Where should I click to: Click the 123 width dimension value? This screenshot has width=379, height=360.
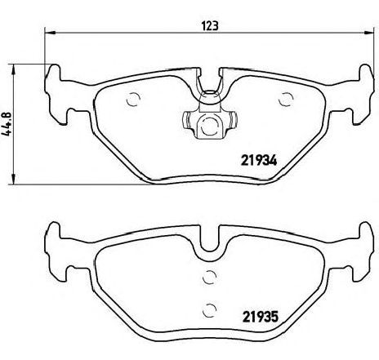tap(210, 26)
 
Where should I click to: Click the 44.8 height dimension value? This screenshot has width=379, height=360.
tap(7, 124)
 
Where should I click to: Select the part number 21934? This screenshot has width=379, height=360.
tap(259, 160)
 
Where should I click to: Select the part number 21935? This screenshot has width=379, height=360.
tap(261, 317)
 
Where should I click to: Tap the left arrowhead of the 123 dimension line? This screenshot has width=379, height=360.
tap(50, 33)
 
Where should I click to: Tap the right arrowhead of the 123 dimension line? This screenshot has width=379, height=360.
tap(369, 33)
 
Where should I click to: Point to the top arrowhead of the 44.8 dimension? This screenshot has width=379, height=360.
tap(13, 70)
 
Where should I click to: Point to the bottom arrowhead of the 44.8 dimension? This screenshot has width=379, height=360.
tap(13, 179)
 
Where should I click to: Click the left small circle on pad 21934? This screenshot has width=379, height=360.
tap(133, 100)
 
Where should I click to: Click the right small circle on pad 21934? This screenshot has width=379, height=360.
tap(286, 100)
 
